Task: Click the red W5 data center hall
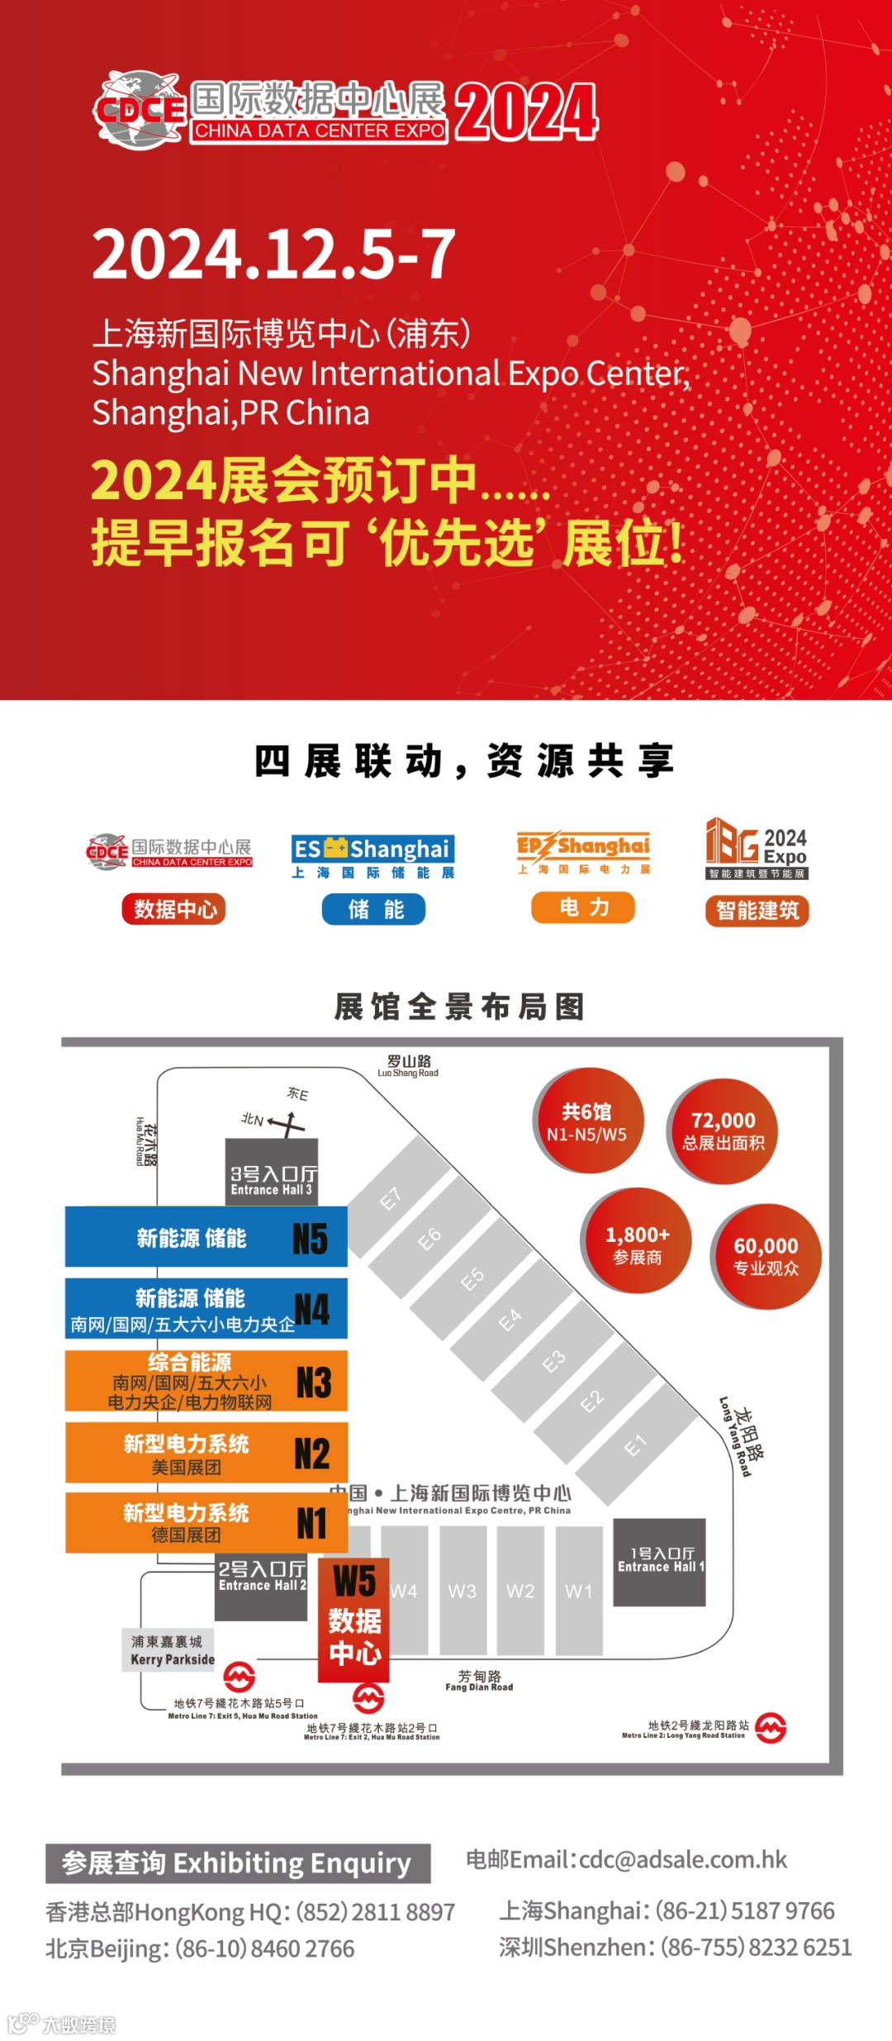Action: [353, 1619]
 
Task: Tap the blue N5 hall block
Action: [206, 1237]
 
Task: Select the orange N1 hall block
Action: [206, 1522]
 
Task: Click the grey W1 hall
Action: [579, 1590]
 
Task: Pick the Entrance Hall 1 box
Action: [660, 1562]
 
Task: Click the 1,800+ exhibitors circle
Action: [637, 1244]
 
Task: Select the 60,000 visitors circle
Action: [766, 1256]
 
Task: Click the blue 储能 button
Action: [373, 909]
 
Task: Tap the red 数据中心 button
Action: [174, 909]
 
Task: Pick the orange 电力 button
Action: [583, 907]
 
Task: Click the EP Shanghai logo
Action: [583, 852]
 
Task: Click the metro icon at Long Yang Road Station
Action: [771, 1727]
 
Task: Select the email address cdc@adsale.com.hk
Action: [682, 1859]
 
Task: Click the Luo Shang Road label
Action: [409, 1066]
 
